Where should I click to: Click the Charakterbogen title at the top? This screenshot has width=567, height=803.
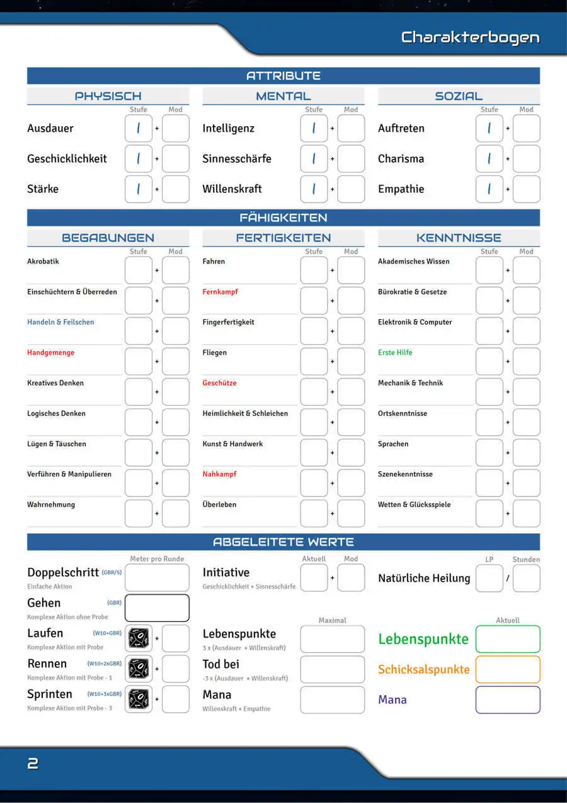tap(470, 37)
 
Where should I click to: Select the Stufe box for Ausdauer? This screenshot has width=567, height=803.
tap(139, 129)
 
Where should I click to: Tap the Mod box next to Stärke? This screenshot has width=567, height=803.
tap(175, 189)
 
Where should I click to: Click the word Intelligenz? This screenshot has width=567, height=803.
tap(228, 129)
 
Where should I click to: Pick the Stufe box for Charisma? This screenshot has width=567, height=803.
tap(489, 159)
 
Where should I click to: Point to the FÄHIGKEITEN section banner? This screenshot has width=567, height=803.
tap(283, 218)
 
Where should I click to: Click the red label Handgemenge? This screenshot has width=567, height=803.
tap(50, 353)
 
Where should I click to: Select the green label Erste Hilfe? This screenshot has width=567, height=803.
tap(395, 353)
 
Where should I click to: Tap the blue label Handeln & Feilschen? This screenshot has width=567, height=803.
tap(60, 322)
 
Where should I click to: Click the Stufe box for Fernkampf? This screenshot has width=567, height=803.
tap(314, 301)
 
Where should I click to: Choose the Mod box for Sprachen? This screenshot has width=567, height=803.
tap(526, 453)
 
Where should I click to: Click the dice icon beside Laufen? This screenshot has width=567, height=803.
tap(139, 638)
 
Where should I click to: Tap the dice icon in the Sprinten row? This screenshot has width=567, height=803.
tap(139, 699)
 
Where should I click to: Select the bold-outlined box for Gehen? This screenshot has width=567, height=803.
tap(157, 608)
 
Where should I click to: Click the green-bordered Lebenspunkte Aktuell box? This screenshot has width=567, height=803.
tap(508, 639)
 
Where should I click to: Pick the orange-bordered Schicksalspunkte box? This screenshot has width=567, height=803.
tap(508, 669)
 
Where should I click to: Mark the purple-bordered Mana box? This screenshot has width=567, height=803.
tap(508, 700)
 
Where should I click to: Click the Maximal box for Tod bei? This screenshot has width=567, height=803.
tap(332, 669)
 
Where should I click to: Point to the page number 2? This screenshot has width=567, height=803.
tap(33, 764)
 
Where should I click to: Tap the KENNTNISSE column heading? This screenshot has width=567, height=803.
tap(459, 238)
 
